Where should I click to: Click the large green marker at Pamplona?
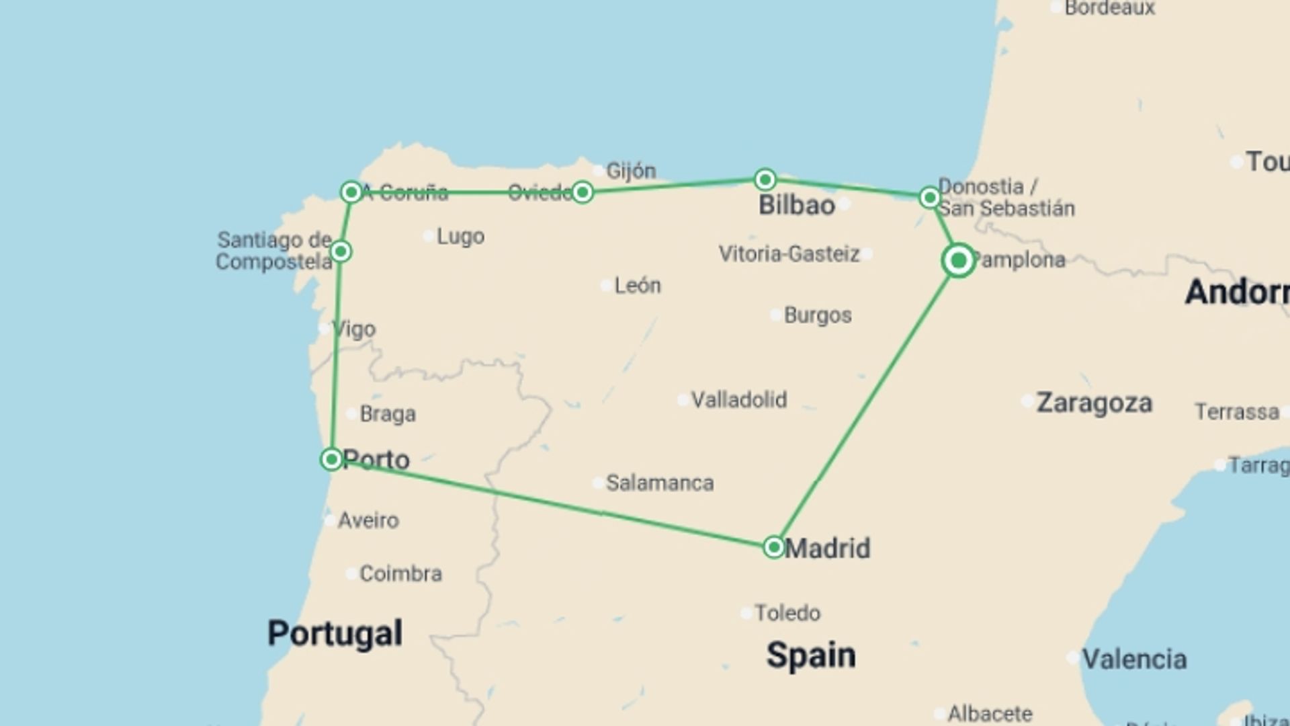point(959,260)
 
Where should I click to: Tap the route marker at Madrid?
point(774,547)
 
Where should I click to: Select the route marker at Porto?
point(331,460)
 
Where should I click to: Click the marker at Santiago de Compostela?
point(341,251)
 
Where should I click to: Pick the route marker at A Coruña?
point(351,192)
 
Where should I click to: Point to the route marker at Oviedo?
point(583,192)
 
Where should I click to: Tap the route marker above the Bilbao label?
point(765,179)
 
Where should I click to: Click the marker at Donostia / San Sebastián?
point(929,198)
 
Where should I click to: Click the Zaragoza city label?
point(1094,403)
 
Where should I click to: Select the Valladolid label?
point(738,400)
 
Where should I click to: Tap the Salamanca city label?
point(659,483)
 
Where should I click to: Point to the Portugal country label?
point(335,633)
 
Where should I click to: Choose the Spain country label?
point(811,655)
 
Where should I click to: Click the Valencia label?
point(1133,659)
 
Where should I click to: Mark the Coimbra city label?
point(400,573)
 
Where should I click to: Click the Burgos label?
point(817,315)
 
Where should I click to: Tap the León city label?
point(637,286)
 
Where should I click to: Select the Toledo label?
point(787,613)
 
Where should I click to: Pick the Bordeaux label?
point(1109,8)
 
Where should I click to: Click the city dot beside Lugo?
point(429,236)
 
